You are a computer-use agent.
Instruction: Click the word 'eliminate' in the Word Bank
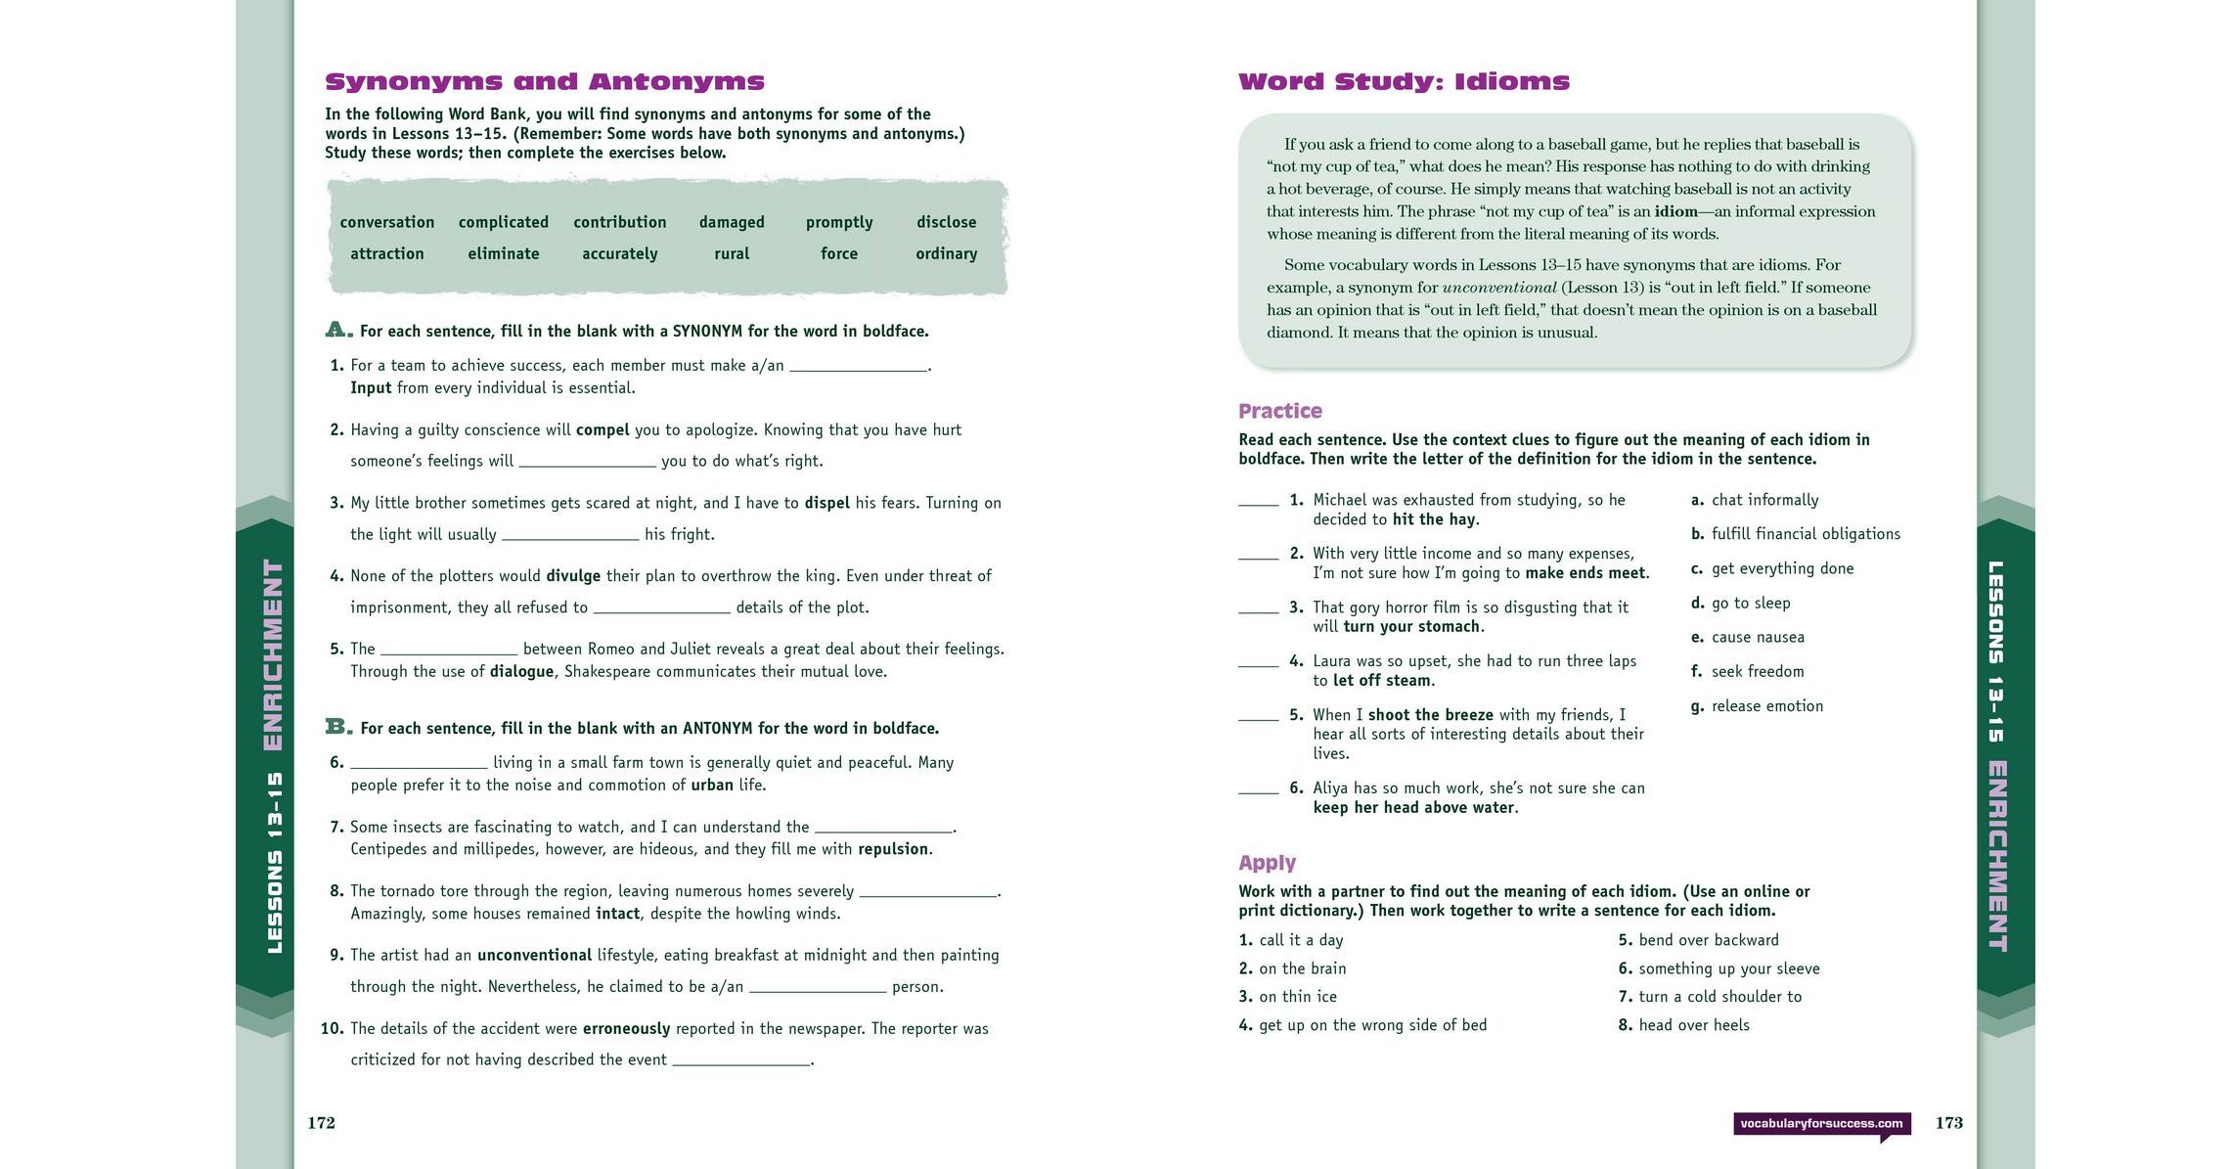point(503,253)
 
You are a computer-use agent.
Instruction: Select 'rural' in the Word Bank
point(732,253)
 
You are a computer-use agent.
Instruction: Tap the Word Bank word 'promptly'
point(839,222)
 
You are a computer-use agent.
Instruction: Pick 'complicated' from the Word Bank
point(503,222)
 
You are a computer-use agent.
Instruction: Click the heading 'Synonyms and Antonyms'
point(544,82)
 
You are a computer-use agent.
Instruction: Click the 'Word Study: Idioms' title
point(1404,82)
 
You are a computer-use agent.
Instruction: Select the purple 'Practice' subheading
point(1279,411)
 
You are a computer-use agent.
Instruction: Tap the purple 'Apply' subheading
point(1267,863)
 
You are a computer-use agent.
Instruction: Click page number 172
point(322,1123)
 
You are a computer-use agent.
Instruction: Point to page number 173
point(1948,1123)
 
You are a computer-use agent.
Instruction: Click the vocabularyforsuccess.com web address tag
point(1821,1124)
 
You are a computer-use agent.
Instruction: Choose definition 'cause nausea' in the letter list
point(1758,638)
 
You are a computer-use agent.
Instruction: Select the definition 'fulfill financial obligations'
point(1806,534)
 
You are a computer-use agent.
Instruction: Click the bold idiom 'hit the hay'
point(1434,519)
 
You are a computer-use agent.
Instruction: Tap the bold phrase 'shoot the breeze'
point(1430,715)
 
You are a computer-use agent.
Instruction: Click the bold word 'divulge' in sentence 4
point(573,576)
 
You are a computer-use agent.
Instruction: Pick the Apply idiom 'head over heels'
point(1694,1025)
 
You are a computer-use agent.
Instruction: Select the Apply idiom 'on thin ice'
point(1297,997)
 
